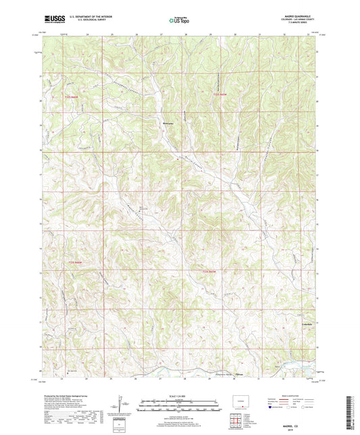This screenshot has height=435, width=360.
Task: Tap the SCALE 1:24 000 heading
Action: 179,396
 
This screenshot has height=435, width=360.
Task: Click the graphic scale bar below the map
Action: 179,407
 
